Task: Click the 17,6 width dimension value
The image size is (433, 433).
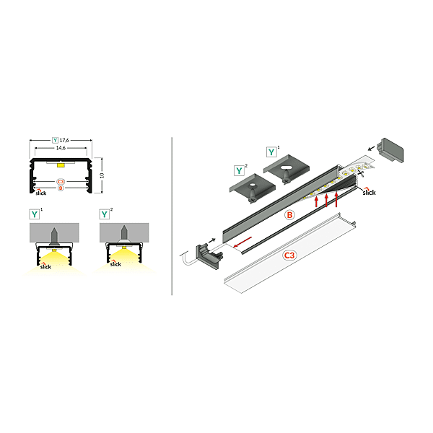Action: tap(64, 140)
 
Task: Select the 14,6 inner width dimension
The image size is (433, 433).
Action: tap(61, 148)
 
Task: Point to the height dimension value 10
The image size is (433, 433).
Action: tap(102, 175)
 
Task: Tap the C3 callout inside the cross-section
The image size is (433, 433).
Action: tap(61, 182)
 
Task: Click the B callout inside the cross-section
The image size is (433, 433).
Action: tap(61, 188)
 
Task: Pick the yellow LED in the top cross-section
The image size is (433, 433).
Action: tap(61, 165)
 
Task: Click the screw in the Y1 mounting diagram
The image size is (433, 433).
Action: tap(54, 237)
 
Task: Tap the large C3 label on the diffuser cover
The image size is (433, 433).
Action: tap(289, 255)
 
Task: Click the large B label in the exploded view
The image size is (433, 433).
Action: tap(289, 215)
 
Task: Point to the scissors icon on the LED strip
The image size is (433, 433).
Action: tap(361, 173)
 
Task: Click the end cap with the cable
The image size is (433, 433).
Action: tap(209, 256)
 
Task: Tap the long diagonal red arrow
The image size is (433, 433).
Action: tap(242, 242)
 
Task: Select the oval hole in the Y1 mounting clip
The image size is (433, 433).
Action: tap(287, 167)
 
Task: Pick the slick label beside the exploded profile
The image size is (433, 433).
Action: tap(369, 192)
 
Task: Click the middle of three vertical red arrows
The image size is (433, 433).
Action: tap(326, 200)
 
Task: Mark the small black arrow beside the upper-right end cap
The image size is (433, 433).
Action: tap(372, 149)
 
